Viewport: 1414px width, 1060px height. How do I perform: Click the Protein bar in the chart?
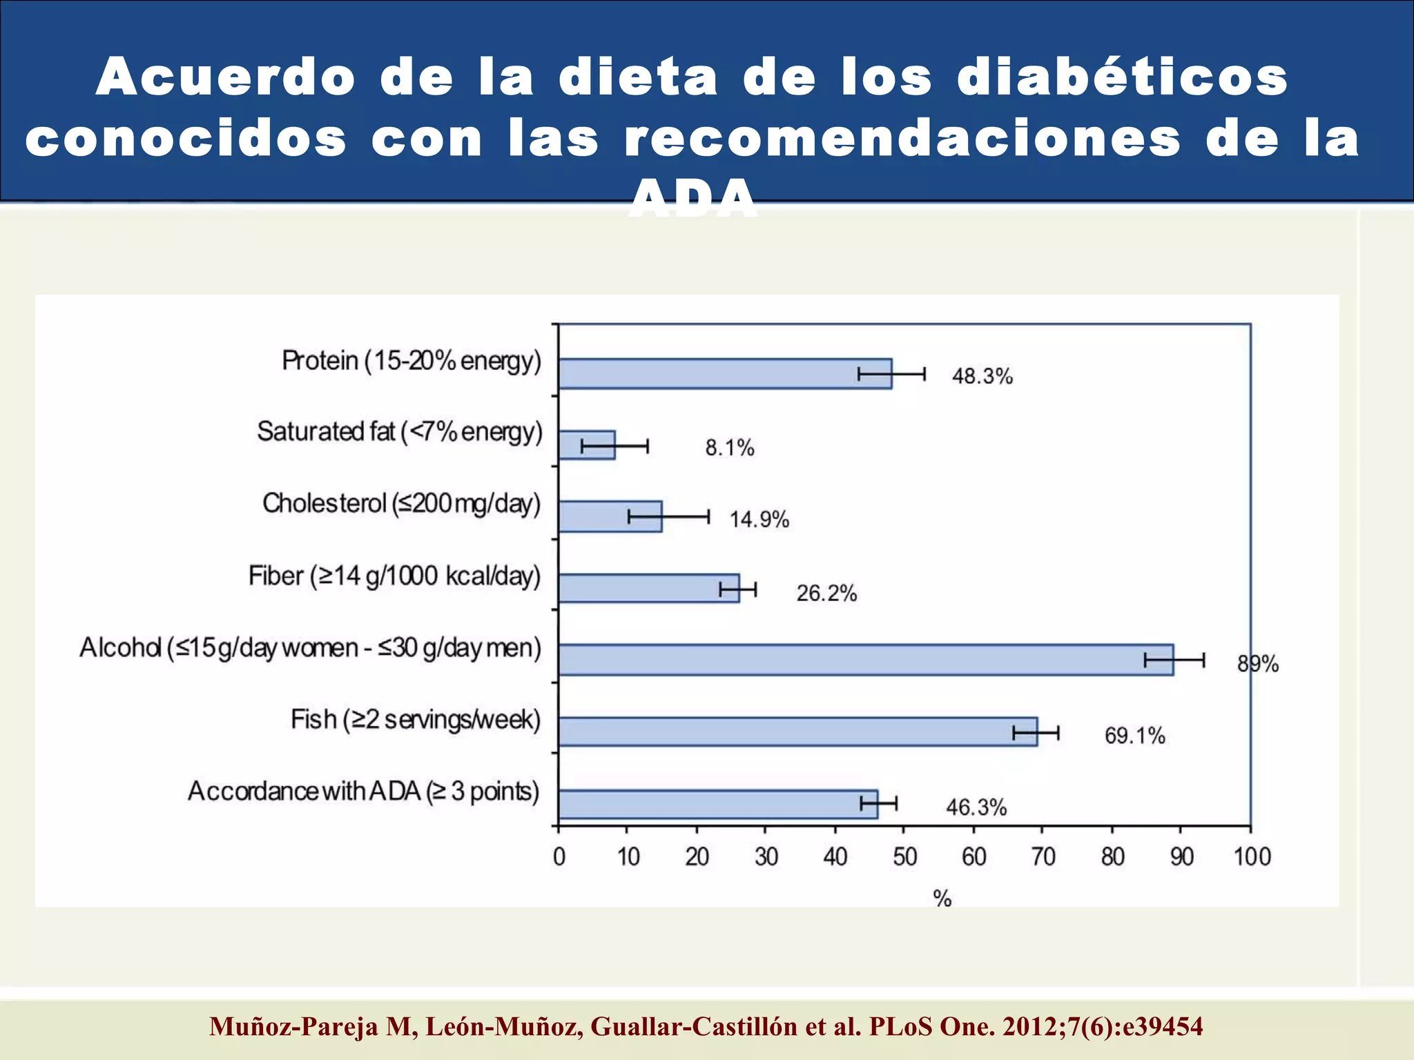[725, 374]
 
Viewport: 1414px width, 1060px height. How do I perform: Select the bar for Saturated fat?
[586, 445]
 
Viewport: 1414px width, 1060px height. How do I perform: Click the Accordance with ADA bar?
[718, 804]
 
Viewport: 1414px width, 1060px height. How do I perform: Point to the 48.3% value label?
[982, 376]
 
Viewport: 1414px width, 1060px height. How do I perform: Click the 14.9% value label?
[759, 520]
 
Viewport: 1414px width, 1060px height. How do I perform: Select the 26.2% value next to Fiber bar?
[826, 593]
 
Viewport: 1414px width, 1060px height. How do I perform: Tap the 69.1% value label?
[1134, 736]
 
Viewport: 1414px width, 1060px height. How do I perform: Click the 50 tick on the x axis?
[904, 857]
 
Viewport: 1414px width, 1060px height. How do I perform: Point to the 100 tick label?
[1252, 857]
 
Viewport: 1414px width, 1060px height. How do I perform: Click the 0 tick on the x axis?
[559, 857]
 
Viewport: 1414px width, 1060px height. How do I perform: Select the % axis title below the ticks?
[942, 898]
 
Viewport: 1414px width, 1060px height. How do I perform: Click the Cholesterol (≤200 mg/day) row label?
[401, 504]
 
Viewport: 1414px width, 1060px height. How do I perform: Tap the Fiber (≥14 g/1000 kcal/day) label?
[394, 576]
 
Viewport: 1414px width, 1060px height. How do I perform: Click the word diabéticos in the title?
[1123, 77]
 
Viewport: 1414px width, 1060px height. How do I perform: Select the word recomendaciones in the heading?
[902, 138]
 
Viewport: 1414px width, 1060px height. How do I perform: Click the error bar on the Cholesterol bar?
[668, 517]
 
